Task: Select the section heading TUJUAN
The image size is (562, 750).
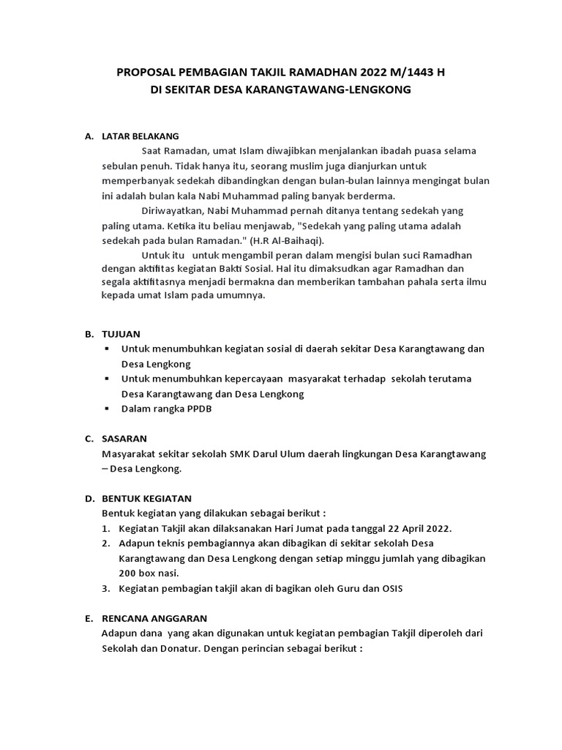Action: [121, 334]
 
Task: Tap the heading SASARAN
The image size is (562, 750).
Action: [124, 439]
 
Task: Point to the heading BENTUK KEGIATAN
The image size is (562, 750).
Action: [146, 498]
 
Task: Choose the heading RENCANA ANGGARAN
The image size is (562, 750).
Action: [154, 618]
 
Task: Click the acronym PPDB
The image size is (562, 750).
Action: [198, 409]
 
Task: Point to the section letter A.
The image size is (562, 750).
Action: [89, 136]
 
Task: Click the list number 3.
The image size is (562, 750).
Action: [106, 588]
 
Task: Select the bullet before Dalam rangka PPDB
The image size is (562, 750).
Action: [107, 409]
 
